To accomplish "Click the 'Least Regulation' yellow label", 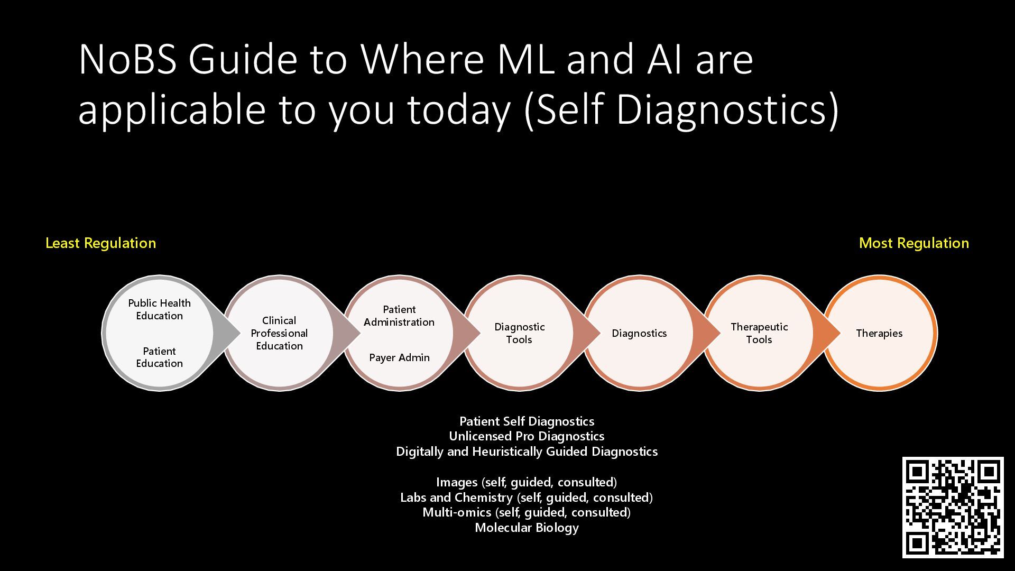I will tap(100, 243).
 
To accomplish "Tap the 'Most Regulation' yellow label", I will tap(914, 243).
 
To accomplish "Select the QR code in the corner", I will tap(953, 507).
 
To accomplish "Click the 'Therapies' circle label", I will tap(879, 334).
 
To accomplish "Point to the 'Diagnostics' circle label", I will tap(639, 334).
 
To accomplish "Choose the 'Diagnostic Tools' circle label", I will tap(519, 334).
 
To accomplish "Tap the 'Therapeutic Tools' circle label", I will tap(759, 334).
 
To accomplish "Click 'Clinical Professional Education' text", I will tap(279, 334).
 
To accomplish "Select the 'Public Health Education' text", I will tap(159, 309).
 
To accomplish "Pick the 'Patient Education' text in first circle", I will tap(159, 357).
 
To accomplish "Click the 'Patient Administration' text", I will tap(399, 316).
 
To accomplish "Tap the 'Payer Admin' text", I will tap(399, 358).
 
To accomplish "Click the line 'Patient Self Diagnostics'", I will tap(527, 421).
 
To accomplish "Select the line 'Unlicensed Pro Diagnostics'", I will tap(527, 436).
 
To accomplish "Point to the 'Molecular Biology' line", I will tap(527, 528).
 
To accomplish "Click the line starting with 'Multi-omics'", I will tap(527, 512).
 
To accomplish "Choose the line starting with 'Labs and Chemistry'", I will tap(527, 498).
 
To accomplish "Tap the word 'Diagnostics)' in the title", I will tap(727, 109).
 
